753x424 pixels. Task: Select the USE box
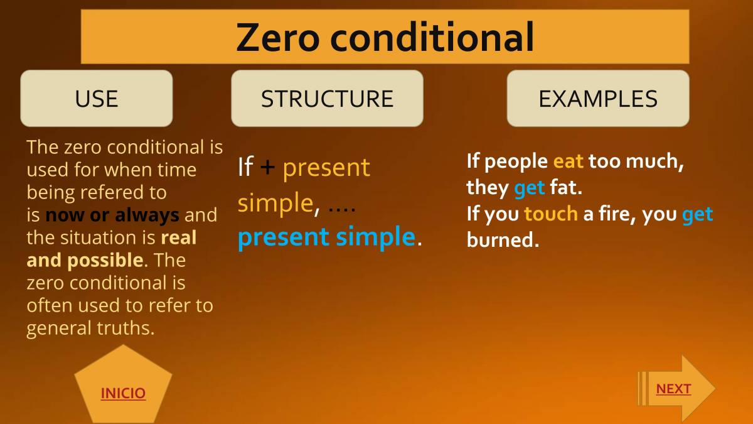click(x=96, y=99)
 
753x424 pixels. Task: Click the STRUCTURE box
click(x=327, y=99)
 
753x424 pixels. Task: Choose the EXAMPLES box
click(x=597, y=99)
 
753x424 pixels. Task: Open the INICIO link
click(x=123, y=393)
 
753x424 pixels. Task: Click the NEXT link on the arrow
click(x=673, y=389)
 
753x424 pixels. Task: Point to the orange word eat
click(x=568, y=161)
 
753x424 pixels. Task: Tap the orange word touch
click(x=550, y=214)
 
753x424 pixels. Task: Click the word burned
click(x=502, y=240)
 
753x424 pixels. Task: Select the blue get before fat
click(x=529, y=188)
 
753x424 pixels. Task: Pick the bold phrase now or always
click(x=112, y=215)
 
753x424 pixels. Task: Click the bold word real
click(x=179, y=237)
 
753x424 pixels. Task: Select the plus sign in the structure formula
click(x=267, y=168)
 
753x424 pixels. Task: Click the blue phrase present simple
click(x=326, y=237)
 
